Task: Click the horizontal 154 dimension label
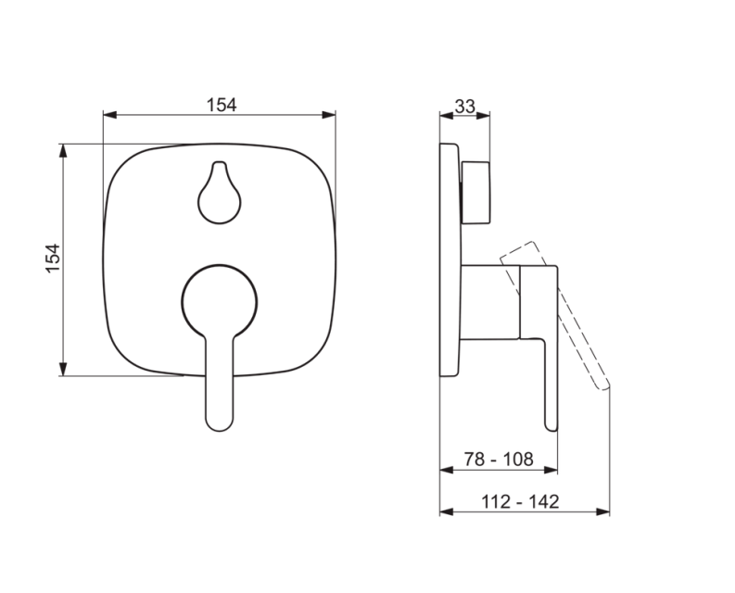point(221,105)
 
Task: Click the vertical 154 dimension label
point(53,259)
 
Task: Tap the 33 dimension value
point(465,107)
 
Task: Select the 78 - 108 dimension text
point(498,459)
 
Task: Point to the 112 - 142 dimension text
point(521,501)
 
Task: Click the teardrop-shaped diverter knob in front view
point(220,195)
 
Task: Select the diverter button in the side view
point(476,191)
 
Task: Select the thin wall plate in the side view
point(450,259)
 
